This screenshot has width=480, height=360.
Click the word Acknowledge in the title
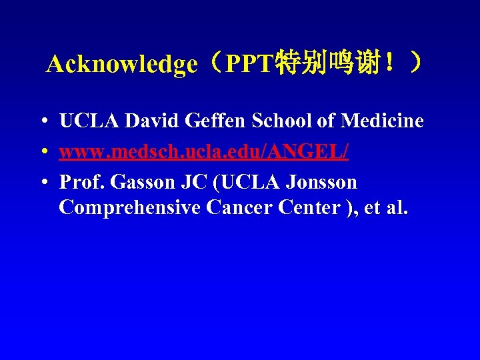122,65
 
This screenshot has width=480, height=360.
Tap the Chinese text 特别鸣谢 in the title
321,64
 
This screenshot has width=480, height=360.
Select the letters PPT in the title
247,65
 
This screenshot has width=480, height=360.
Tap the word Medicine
382,121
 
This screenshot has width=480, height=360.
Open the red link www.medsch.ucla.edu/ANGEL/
203,151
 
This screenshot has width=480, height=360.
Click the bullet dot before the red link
42,152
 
